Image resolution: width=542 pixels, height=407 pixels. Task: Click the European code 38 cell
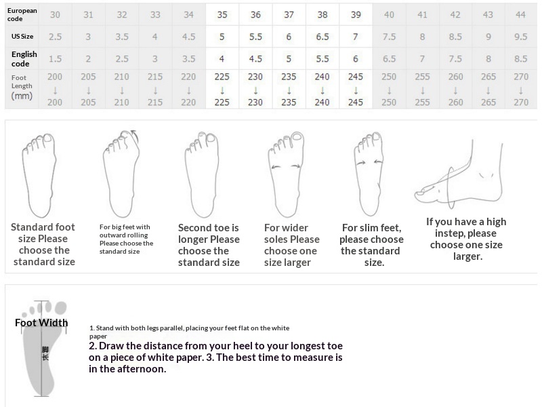click(x=322, y=14)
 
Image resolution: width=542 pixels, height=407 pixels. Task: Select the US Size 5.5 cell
click(x=255, y=37)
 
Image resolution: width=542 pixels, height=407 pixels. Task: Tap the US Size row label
click(x=22, y=37)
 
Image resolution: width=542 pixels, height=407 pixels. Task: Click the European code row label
click(x=22, y=14)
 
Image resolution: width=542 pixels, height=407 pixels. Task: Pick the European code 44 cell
click(x=520, y=14)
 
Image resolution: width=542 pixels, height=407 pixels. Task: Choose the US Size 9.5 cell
click(x=520, y=37)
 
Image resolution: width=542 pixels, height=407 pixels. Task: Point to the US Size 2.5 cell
click(x=55, y=37)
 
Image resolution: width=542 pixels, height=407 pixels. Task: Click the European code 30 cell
click(x=55, y=14)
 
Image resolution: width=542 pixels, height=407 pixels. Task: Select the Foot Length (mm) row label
click(x=22, y=87)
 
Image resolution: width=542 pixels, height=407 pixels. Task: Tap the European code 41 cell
click(x=422, y=14)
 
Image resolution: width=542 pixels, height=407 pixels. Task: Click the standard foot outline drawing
click(x=39, y=175)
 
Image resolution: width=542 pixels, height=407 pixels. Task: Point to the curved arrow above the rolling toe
click(x=135, y=136)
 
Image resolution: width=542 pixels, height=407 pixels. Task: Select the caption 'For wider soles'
click(x=286, y=233)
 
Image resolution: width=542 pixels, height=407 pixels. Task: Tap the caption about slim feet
click(x=371, y=245)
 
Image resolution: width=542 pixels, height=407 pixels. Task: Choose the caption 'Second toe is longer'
click(x=209, y=233)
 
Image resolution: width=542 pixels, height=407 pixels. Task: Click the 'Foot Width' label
click(x=41, y=323)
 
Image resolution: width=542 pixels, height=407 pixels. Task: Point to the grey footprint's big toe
click(x=61, y=308)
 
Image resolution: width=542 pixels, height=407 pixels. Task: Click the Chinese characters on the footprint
click(x=45, y=353)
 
